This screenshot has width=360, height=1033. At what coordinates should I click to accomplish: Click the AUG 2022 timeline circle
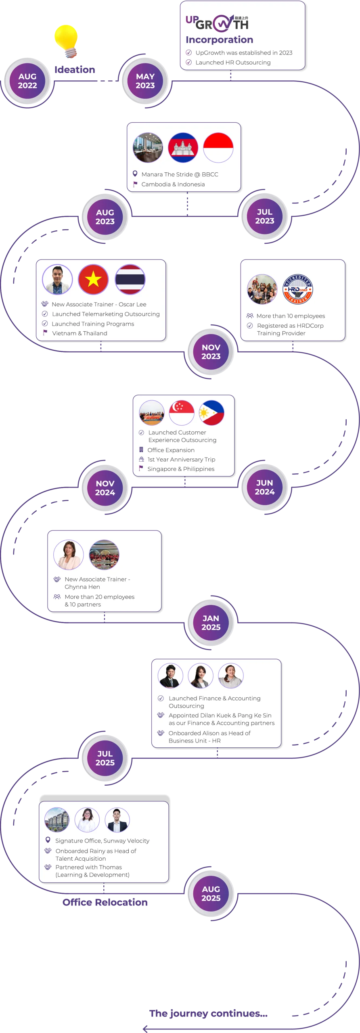point(27,81)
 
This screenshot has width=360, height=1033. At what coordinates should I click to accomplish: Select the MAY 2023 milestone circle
point(145,81)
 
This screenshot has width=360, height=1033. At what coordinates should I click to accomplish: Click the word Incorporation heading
point(219,40)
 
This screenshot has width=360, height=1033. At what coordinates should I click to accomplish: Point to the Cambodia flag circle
point(183,148)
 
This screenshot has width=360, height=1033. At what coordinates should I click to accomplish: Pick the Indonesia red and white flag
point(218,148)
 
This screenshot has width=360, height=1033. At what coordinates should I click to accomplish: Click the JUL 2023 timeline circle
point(265,217)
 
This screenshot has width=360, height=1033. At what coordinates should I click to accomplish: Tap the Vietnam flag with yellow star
point(93,279)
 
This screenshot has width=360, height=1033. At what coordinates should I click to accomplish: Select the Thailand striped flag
point(130,279)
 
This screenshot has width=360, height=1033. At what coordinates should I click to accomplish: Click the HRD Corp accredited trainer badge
point(297,289)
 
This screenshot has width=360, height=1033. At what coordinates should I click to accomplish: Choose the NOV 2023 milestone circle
point(211,352)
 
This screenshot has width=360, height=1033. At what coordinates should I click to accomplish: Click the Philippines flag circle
point(211,413)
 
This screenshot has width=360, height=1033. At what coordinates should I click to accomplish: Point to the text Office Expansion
point(171,450)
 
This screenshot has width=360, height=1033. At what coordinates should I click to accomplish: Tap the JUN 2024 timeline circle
point(265,487)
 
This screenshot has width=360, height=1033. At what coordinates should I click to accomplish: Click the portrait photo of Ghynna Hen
point(69,554)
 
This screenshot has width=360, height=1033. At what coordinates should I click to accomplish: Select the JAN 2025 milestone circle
point(211,623)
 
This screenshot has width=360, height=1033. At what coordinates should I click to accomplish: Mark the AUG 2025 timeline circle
point(211,894)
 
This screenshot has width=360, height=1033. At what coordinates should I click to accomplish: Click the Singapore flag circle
point(182,413)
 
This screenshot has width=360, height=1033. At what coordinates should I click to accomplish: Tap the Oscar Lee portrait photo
point(57,279)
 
